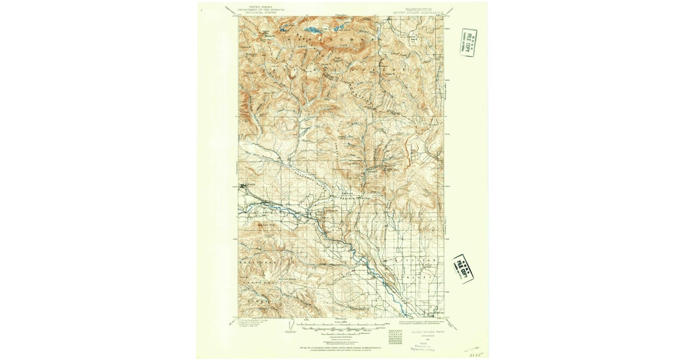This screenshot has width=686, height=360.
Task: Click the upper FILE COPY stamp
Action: click(x=468, y=42)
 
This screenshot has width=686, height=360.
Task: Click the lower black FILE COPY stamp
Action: click(x=463, y=267)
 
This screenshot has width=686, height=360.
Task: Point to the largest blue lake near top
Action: click(x=312, y=29)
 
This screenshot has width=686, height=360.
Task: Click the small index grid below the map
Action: click(x=395, y=336)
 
